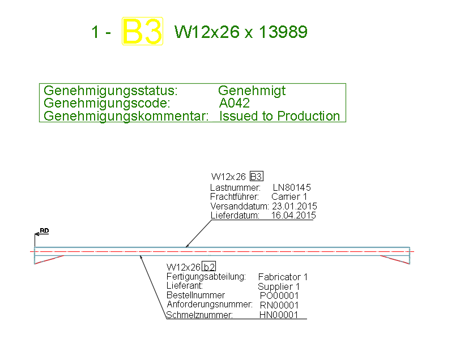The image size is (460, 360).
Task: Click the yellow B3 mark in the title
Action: pyautogui.click(x=143, y=32)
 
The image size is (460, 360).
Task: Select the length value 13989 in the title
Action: pyautogui.click(x=283, y=32)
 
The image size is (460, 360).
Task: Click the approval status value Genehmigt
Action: pyautogui.click(x=252, y=91)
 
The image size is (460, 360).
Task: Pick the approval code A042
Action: pyautogui.click(x=234, y=103)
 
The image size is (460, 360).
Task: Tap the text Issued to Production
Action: pyautogui.click(x=280, y=116)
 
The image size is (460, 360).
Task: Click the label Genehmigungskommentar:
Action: pyautogui.click(x=126, y=116)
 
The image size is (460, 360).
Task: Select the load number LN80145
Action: pyautogui.click(x=292, y=187)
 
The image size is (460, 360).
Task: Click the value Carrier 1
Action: pyautogui.click(x=289, y=196)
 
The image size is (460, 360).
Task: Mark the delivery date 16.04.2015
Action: pyautogui.click(x=293, y=216)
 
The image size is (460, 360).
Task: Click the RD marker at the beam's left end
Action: pyautogui.click(x=44, y=231)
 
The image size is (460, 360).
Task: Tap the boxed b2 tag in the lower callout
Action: pyautogui.click(x=210, y=267)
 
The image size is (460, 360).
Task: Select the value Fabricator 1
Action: pyautogui.click(x=283, y=277)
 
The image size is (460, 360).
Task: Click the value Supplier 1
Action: pyautogui.click(x=278, y=286)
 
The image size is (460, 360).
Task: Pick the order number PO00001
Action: pyautogui.click(x=279, y=295)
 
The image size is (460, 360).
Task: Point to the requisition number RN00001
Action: pyautogui.click(x=279, y=305)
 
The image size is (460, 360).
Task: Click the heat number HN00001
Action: pyautogui.click(x=278, y=315)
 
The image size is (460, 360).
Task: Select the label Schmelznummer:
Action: pyautogui.click(x=199, y=315)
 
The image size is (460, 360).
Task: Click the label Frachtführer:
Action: pyautogui.click(x=234, y=196)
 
